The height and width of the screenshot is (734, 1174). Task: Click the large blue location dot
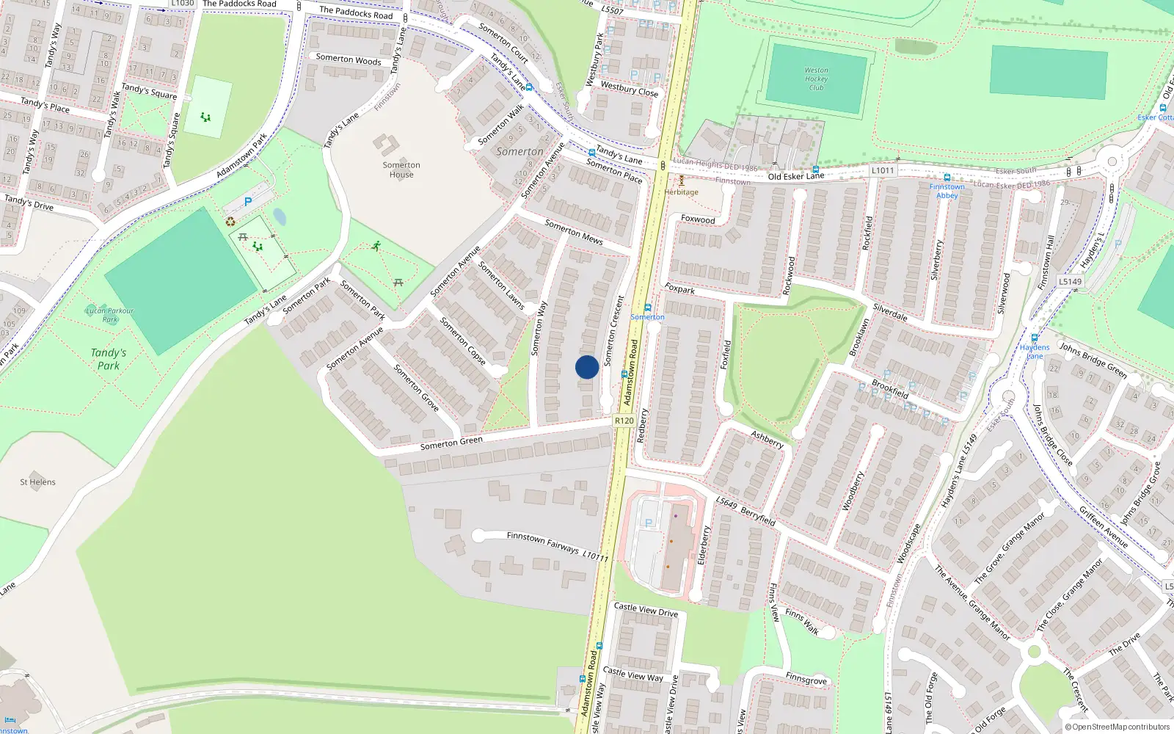pyautogui.click(x=587, y=367)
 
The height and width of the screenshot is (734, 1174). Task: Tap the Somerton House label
pyautogui.click(x=401, y=170)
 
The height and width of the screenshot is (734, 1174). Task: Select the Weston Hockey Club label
pyautogui.click(x=816, y=79)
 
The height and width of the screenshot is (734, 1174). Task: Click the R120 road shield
pyautogui.click(x=624, y=421)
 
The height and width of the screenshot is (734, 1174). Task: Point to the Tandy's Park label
pyautogui.click(x=109, y=359)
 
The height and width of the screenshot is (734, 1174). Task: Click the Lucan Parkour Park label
pyautogui.click(x=110, y=315)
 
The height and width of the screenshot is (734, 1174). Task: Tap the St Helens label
pyautogui.click(x=37, y=482)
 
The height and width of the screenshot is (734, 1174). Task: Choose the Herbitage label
pyautogui.click(x=682, y=192)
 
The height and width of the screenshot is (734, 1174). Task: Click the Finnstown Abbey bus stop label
pyautogui.click(x=947, y=191)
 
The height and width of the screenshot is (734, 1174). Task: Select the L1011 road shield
pyautogui.click(x=883, y=170)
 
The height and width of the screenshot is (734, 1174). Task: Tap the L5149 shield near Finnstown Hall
pyautogui.click(x=1070, y=281)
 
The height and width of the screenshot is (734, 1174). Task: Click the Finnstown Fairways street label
pyautogui.click(x=543, y=542)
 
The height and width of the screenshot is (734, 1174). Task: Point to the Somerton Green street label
pyautogui.click(x=451, y=443)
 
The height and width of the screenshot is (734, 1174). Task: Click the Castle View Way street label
pyautogui.click(x=632, y=674)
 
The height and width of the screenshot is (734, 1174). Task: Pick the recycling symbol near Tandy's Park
pyautogui.click(x=230, y=221)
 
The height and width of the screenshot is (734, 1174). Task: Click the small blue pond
pyautogui.click(x=280, y=217)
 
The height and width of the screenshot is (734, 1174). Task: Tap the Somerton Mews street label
pyautogui.click(x=574, y=231)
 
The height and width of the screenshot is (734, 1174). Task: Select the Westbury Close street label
pyautogui.click(x=629, y=89)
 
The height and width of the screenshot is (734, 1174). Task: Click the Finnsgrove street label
pyautogui.click(x=806, y=679)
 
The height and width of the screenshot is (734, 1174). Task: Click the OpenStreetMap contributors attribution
pyautogui.click(x=1117, y=727)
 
